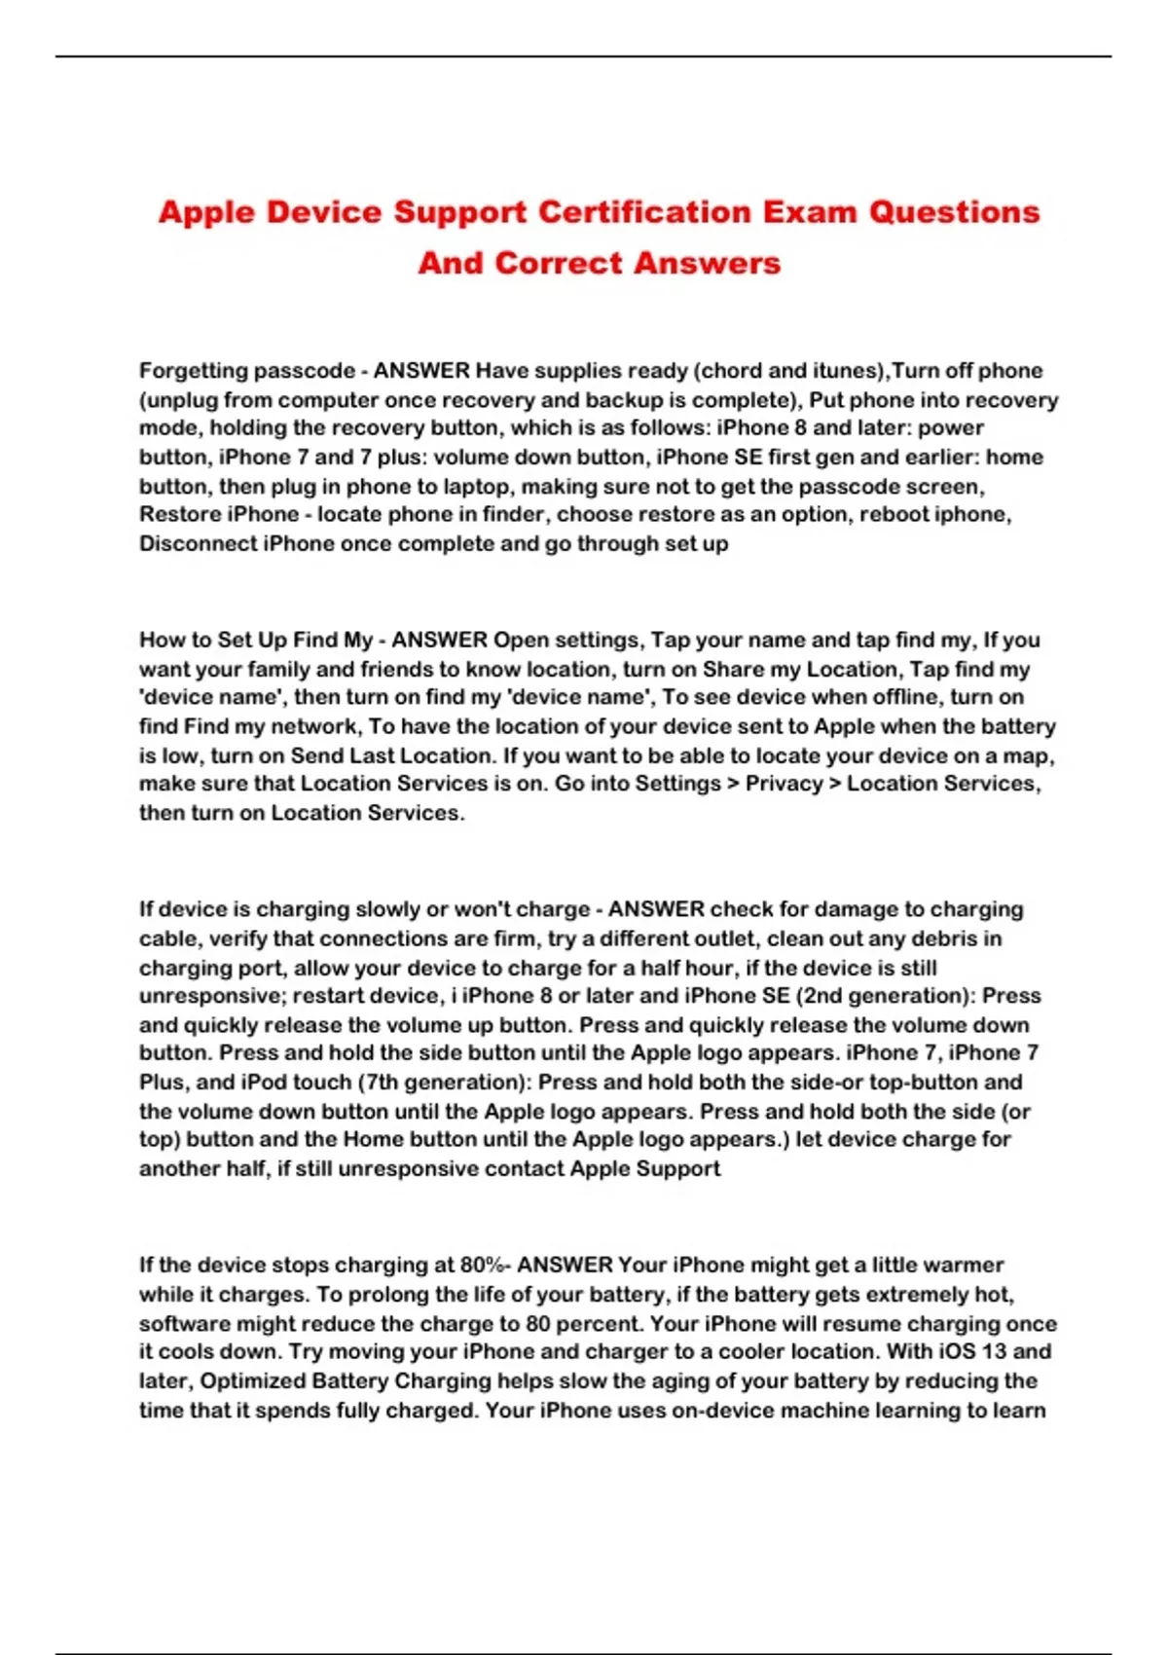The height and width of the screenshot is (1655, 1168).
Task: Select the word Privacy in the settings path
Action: click(x=782, y=784)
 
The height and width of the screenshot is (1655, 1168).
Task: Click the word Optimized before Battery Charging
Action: click(x=252, y=1380)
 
